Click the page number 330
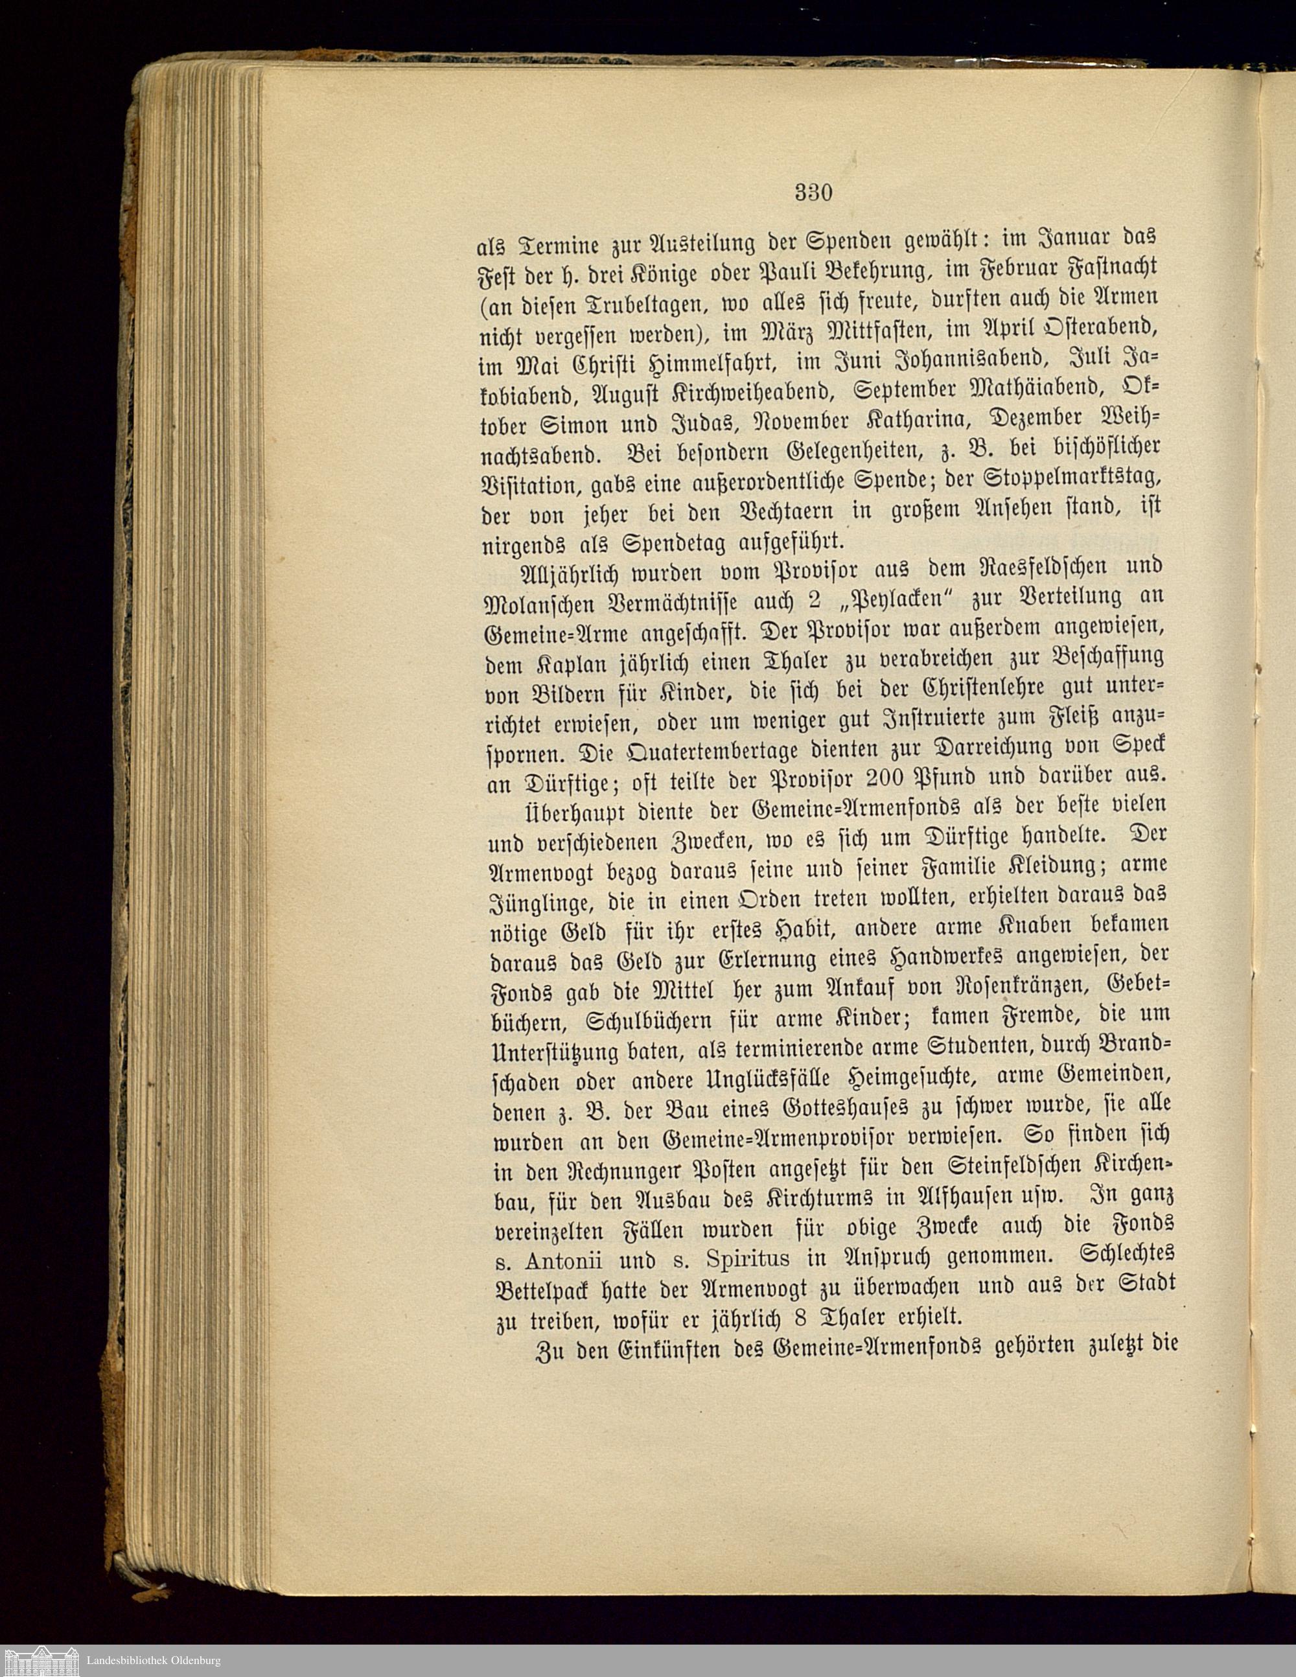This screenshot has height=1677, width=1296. (814, 192)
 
